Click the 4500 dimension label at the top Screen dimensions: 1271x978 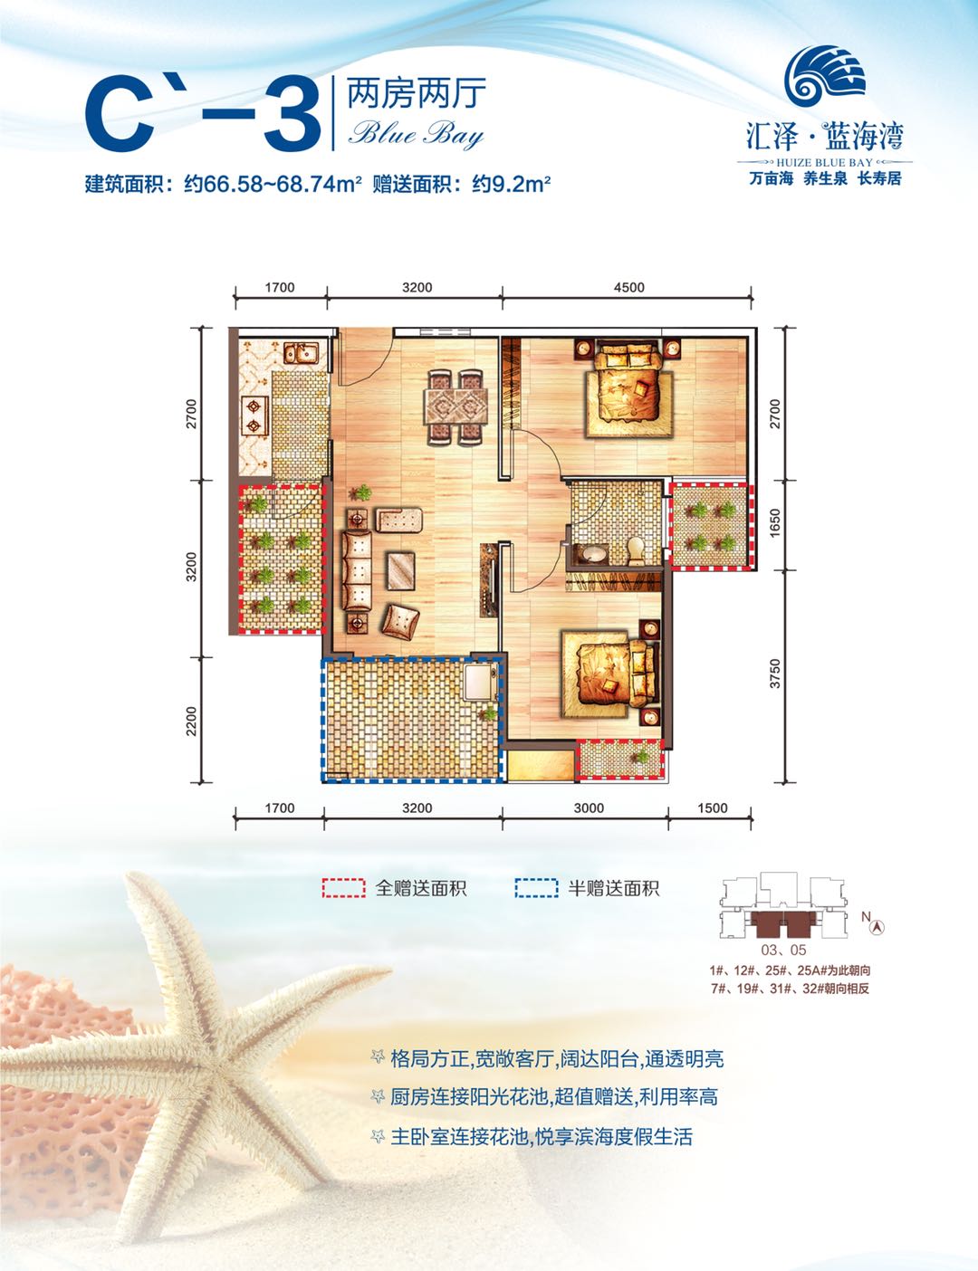tap(628, 288)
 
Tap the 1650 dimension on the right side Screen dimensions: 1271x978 tap(774, 524)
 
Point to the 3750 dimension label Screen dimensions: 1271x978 tap(774, 674)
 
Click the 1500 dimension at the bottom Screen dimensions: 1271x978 tap(713, 808)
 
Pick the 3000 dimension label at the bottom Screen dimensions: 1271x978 tap(589, 808)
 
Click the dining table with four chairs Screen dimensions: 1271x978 tap(456, 406)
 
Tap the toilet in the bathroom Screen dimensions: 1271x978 tap(636, 548)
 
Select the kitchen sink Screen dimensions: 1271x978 tap(298, 353)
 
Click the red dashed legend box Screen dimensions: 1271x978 tap(344, 888)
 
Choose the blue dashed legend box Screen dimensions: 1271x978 tap(536, 888)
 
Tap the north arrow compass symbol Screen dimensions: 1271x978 tap(876, 925)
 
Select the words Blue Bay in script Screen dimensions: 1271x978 tap(417, 135)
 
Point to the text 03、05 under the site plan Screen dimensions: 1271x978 tap(783, 951)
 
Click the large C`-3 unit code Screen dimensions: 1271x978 tap(203, 116)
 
